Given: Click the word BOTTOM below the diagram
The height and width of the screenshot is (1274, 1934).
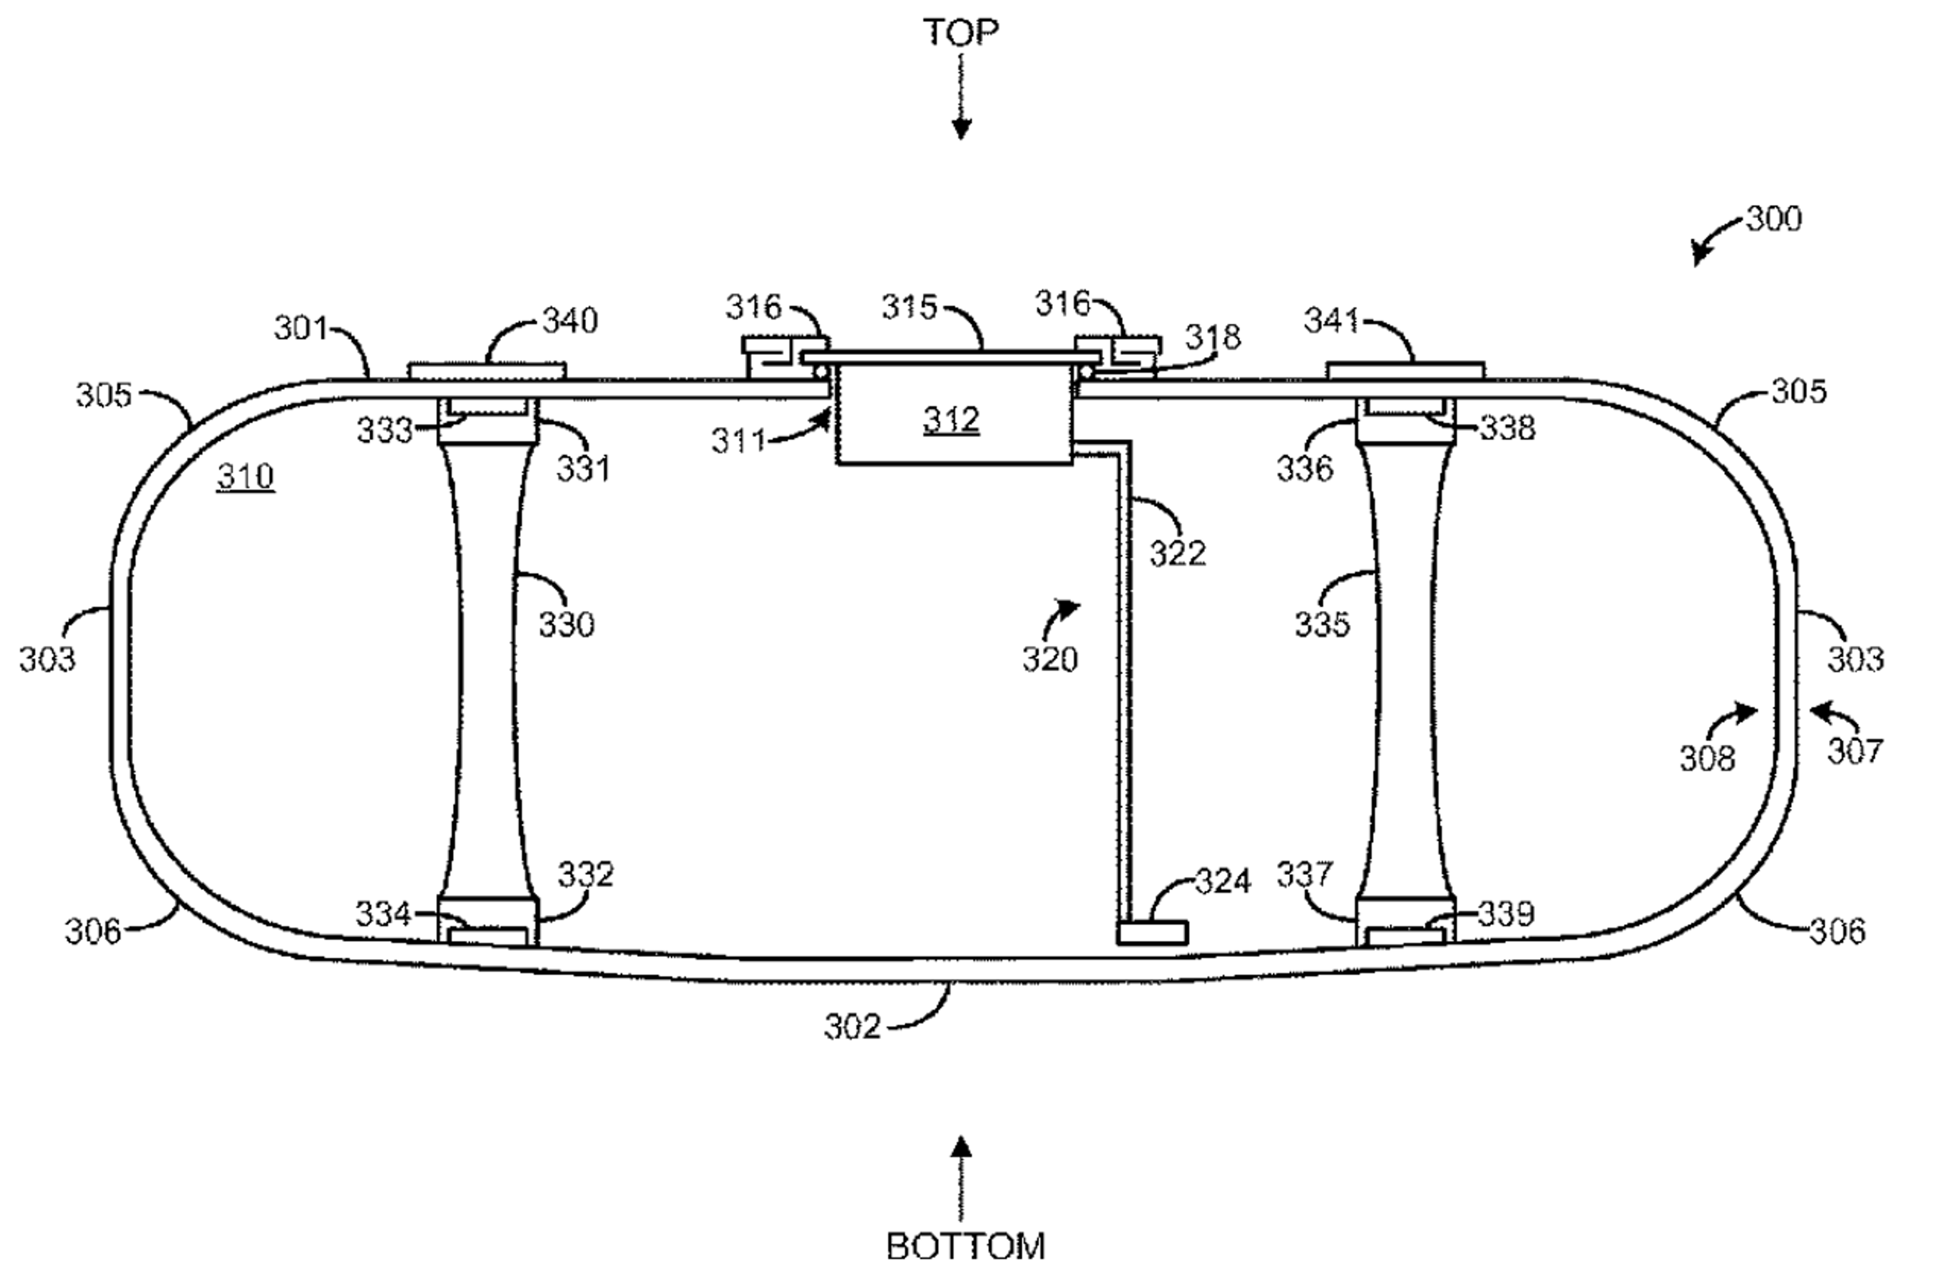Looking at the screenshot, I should click(965, 1246).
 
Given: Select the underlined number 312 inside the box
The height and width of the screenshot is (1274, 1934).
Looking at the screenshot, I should click(951, 420).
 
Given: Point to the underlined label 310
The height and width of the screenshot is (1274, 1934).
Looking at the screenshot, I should click(245, 476).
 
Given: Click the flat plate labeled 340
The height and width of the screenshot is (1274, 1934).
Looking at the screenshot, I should click(486, 371).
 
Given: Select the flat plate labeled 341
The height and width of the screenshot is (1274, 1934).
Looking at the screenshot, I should click(1405, 371).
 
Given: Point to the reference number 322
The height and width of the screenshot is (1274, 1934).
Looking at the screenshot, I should click(1178, 553).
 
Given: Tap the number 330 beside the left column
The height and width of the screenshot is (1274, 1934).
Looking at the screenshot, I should click(567, 624).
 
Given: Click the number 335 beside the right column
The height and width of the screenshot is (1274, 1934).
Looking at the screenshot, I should click(1322, 624).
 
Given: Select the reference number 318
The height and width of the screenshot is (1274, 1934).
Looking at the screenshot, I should click(1212, 337).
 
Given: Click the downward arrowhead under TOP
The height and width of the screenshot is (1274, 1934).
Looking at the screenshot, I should click(961, 130).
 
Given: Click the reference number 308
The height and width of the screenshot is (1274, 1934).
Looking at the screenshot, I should click(1707, 758).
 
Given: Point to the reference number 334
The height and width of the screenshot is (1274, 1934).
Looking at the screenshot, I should click(383, 915).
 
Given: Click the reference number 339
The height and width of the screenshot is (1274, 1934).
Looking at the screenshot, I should click(1506, 915).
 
